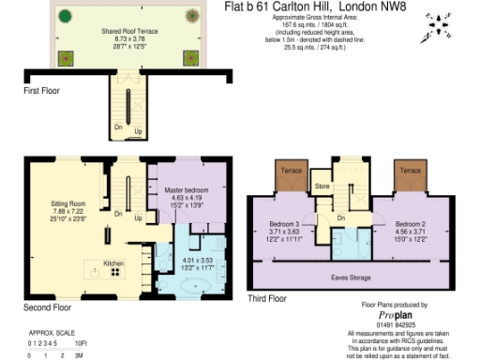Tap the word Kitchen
(x=112, y=262)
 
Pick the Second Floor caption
(x=48, y=307)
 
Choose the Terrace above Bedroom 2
(x=409, y=173)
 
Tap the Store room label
(x=322, y=187)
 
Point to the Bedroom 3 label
(x=282, y=225)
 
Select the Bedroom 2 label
(x=410, y=225)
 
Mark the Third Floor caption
(x=268, y=298)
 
